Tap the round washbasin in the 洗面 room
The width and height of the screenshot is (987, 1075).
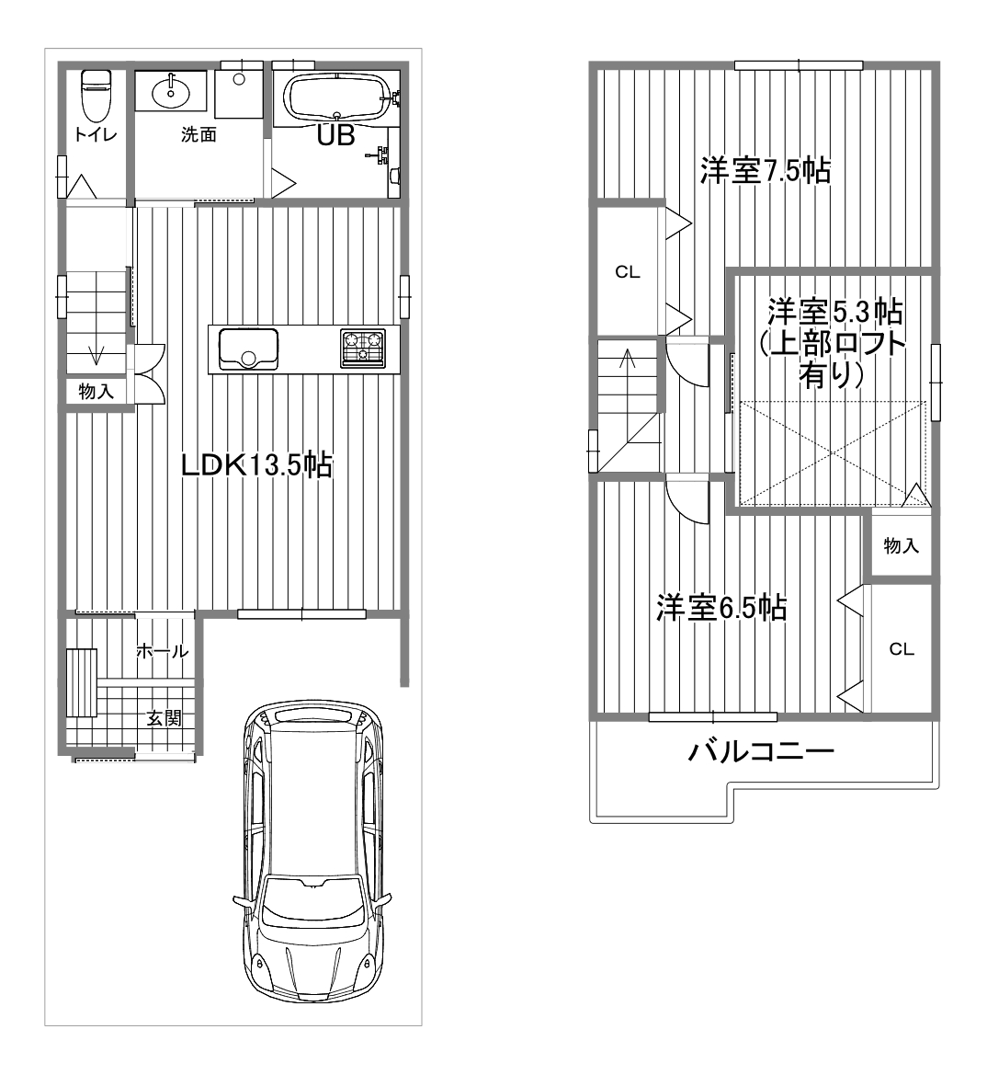[x=171, y=92]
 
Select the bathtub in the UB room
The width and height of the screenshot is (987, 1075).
[x=337, y=97]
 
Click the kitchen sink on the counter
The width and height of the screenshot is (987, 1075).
[x=248, y=349]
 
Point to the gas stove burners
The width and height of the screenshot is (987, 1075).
[x=362, y=349]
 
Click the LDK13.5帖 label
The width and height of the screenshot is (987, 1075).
[x=256, y=465]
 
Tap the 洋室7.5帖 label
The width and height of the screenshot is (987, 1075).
[x=766, y=171]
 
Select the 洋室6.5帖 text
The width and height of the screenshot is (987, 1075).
[x=721, y=608]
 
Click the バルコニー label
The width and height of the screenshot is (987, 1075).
[x=761, y=751]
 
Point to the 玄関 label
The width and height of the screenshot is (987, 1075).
[x=164, y=718]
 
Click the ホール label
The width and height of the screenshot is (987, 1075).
[x=163, y=651]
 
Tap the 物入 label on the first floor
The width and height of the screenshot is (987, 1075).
[x=96, y=392]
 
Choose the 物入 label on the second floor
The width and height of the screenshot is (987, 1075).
[x=901, y=545]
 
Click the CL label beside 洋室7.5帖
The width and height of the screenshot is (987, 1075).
[x=628, y=272]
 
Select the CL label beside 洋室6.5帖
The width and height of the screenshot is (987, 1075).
[x=902, y=648]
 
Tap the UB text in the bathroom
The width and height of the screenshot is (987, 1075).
[x=335, y=135]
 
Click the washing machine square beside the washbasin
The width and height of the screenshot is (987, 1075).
[x=239, y=93]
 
